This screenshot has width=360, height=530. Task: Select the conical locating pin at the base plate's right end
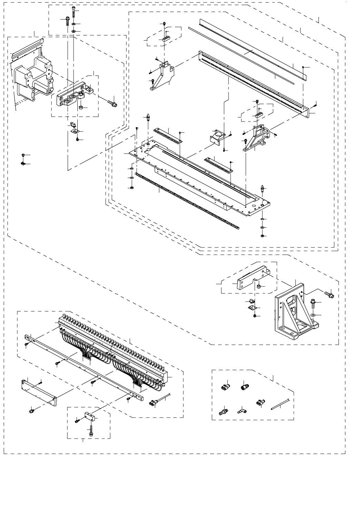[263, 188]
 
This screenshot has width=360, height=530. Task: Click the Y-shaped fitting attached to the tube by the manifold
[153, 402]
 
